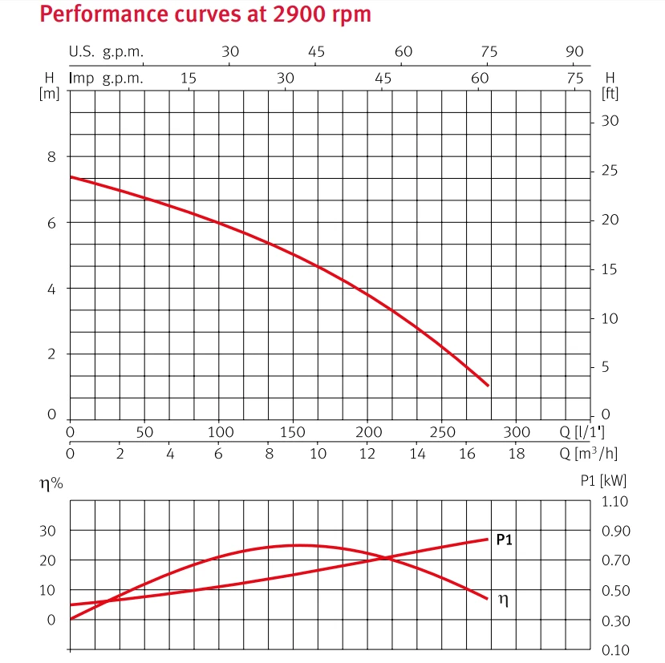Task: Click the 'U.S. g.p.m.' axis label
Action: (x=106, y=52)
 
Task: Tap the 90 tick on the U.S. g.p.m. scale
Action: (x=574, y=52)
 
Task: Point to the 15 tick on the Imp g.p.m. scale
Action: (x=189, y=78)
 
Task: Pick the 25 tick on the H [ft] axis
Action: (x=610, y=172)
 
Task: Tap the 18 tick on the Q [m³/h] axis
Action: (x=517, y=453)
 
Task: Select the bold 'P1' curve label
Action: (x=504, y=540)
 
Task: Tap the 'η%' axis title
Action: (x=52, y=483)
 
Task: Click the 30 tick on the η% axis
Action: (x=48, y=531)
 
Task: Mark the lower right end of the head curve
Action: (x=488, y=386)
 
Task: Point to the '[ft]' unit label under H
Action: (x=610, y=93)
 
